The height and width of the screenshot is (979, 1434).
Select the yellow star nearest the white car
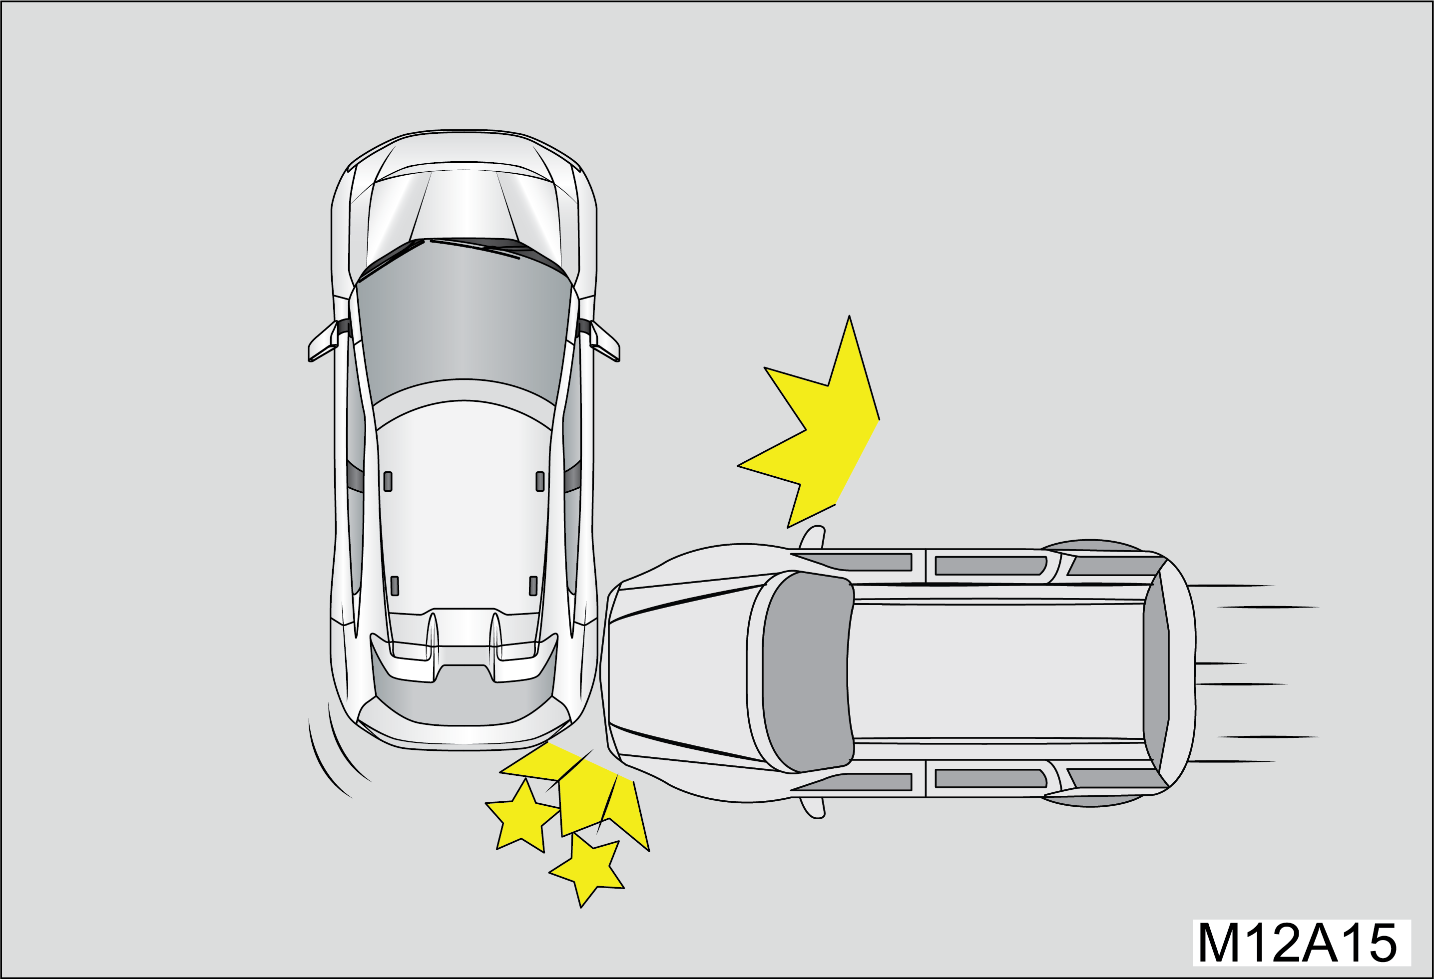click(x=522, y=816)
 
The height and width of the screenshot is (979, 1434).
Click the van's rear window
click(x=1156, y=672)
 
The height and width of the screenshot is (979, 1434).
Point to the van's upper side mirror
click(x=813, y=537)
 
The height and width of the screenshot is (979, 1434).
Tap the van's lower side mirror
click(x=813, y=807)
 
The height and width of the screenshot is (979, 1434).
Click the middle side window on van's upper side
click(x=991, y=566)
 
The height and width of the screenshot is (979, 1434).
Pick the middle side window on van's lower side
click(x=991, y=778)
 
